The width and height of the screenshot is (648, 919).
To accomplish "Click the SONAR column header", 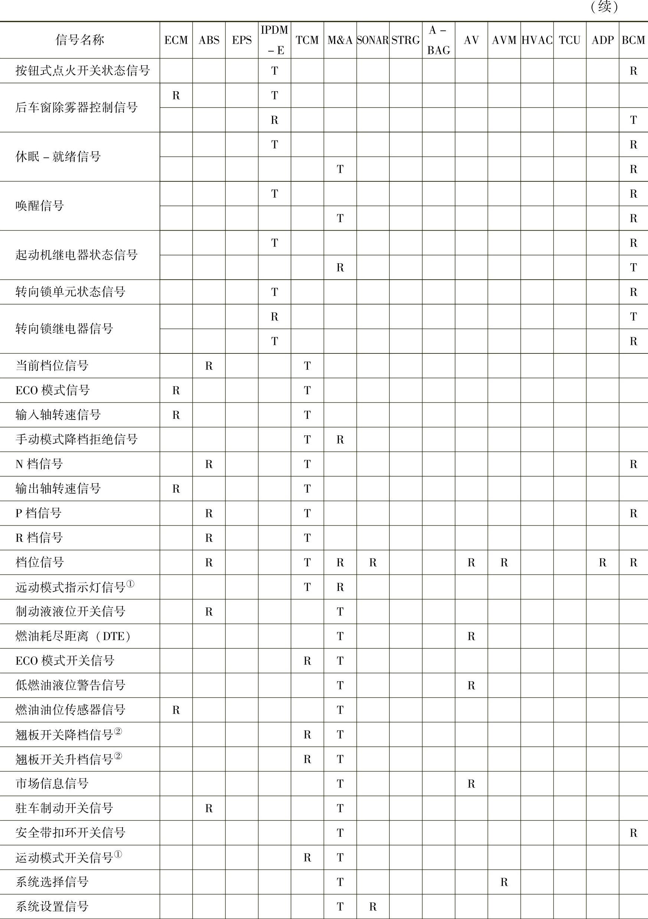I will [373, 40].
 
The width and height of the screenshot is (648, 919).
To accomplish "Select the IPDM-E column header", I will [274, 40].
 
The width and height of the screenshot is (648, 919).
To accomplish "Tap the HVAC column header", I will [537, 40].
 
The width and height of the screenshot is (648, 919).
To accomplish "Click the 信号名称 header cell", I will [80, 40].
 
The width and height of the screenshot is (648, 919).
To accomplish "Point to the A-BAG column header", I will [438, 40].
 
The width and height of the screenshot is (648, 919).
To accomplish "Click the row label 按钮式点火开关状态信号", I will [82, 71].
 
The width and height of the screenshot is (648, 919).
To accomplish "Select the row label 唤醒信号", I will [40, 206].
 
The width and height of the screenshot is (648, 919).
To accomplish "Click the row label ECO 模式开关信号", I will [65, 661].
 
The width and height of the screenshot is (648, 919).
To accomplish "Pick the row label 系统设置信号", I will [52, 906].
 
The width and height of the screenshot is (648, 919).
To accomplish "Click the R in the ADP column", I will [602, 562].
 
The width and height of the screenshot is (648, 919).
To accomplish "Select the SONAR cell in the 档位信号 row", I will [373, 562].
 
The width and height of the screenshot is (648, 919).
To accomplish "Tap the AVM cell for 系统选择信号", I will [504, 882].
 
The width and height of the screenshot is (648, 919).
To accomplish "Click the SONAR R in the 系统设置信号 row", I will [373, 906].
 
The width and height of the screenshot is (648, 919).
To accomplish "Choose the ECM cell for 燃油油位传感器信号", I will [176, 710].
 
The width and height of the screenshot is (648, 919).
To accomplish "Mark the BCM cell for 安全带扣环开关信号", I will [633, 833].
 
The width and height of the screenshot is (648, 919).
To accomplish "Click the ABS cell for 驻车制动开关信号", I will [209, 808].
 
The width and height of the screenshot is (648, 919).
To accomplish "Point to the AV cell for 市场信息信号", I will [471, 783].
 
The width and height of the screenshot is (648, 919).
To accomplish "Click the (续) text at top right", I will [604, 7].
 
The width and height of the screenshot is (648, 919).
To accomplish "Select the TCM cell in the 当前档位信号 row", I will [307, 366].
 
